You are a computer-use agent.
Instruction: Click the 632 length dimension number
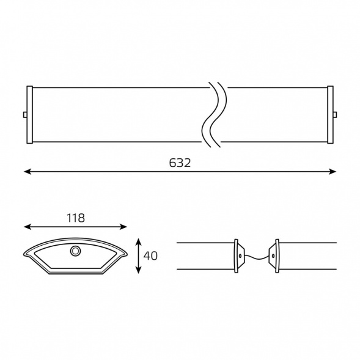180,163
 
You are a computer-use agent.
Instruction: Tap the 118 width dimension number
76,218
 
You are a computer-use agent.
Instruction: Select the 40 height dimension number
150,255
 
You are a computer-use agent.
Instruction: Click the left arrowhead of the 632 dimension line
28,172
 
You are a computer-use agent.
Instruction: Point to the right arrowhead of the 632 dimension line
332,172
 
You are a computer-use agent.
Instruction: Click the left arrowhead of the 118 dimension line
28,227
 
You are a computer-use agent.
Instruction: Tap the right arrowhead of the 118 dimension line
123,227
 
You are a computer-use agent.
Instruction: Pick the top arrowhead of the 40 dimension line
138,242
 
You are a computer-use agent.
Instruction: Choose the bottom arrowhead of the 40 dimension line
138,270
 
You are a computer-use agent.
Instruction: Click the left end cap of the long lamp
29,115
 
